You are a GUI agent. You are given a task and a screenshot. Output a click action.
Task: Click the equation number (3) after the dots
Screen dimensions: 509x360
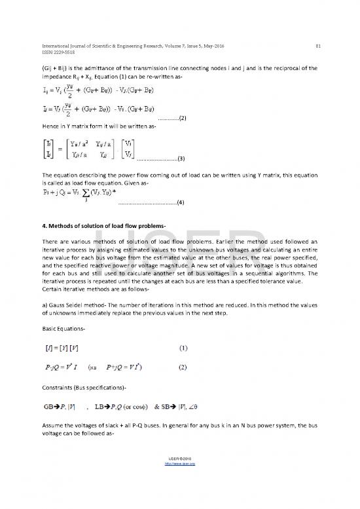coord(181,159)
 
